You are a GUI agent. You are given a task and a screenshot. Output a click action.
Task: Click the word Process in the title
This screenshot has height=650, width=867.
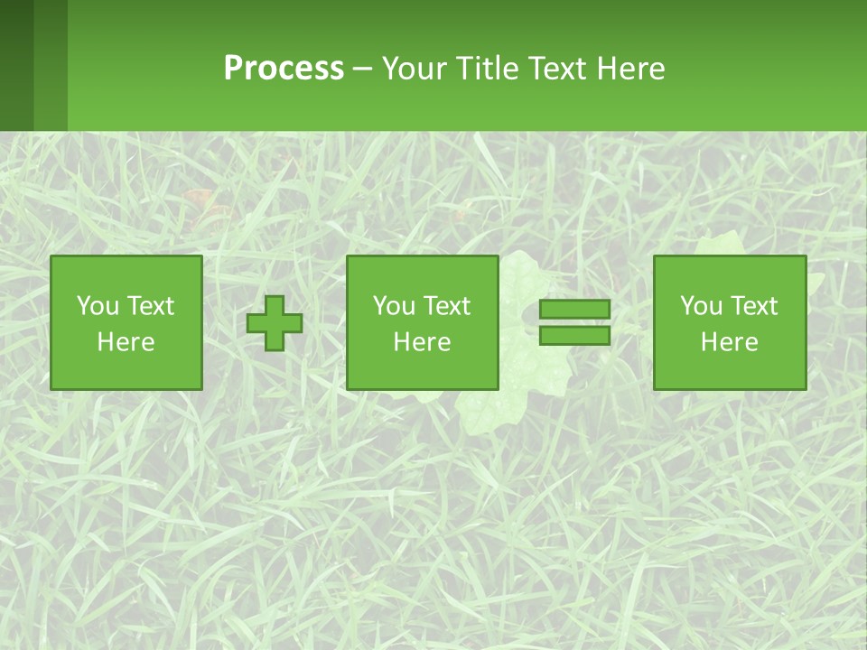coord(284,69)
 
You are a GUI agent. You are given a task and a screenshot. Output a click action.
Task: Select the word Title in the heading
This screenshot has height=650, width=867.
coord(489,69)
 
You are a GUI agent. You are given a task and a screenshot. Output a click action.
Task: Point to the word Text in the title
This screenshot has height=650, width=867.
coord(557,69)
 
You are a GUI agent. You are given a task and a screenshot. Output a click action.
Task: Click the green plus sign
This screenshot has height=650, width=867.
coord(275,323)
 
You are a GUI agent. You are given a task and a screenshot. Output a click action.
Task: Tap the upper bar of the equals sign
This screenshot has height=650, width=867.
coord(574,310)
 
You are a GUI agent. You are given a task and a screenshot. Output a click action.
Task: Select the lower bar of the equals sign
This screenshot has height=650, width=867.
coord(574,336)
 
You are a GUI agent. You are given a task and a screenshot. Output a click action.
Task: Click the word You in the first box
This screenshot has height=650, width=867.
coord(98,306)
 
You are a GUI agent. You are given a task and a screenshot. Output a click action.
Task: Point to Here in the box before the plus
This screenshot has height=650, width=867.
coord(126,342)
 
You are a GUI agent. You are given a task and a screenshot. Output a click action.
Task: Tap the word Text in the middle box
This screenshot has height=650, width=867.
coord(446,306)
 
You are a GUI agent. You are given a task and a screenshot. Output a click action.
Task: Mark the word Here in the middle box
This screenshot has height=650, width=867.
coord(423,342)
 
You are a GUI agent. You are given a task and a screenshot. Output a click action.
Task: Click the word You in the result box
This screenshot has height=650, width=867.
coord(701,306)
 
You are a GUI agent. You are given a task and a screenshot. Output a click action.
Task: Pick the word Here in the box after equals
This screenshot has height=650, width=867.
coord(730,342)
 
